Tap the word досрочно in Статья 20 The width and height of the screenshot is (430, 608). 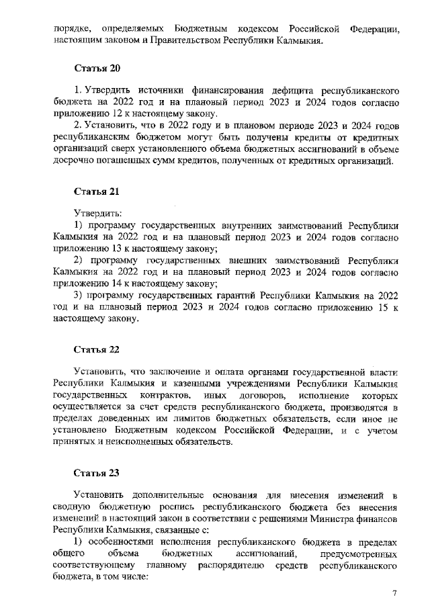[75, 163]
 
